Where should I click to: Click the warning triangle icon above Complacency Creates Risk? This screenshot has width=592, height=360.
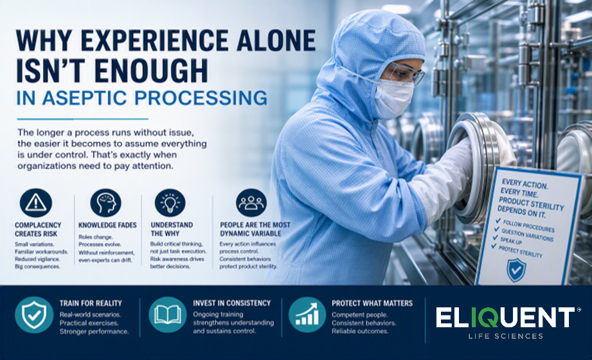36,203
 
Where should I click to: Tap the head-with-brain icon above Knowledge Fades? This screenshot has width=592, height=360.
105,203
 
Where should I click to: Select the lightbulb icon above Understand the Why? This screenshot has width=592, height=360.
170,203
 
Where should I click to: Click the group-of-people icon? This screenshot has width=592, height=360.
251,203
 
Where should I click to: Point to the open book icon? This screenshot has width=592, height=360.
168,314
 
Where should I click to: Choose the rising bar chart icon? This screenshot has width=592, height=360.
307,314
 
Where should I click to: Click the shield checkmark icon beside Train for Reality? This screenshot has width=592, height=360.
34,314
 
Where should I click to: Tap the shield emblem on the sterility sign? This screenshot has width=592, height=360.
516,270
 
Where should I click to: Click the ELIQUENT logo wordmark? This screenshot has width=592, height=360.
505,318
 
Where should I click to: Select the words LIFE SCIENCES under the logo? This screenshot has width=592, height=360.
505,336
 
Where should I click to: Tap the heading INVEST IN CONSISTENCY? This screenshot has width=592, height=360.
232,303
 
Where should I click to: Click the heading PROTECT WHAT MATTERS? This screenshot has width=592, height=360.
372,303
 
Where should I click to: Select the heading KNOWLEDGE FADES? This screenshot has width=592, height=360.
107,225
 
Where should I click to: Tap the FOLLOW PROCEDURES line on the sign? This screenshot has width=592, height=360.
528,226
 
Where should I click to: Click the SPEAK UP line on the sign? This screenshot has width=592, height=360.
511,240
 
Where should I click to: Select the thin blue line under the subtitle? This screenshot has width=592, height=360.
83,119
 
